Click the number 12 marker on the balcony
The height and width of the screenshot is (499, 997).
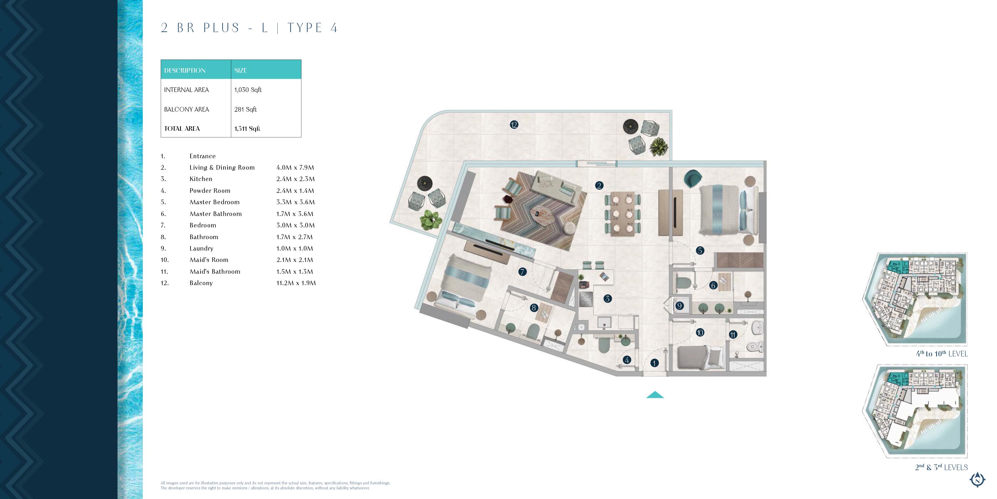pos(514,125)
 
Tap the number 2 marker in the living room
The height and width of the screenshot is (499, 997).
pos(599,186)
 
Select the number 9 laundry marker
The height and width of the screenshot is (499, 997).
pos(679,306)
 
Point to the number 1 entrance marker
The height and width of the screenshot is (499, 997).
pos(654,363)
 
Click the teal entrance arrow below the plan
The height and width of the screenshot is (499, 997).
pos(655,395)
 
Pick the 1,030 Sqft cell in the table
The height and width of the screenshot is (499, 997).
pos(248,90)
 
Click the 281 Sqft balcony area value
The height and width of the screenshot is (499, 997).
pos(245,109)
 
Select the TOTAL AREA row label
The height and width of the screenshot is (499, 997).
pos(182,129)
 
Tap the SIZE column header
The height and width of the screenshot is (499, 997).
pos(240,71)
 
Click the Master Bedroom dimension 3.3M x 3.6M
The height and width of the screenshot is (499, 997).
pos(295,202)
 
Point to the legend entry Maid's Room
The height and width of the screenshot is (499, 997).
pos(209,260)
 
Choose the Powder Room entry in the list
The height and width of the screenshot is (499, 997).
pos(210,191)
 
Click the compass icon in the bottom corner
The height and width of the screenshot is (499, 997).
pos(977,480)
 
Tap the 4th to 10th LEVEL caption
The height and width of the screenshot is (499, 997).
pos(942,353)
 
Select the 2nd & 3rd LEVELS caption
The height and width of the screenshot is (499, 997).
pos(941,467)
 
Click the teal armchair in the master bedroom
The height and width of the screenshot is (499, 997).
pos(693,178)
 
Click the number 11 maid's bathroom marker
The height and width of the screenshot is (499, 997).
pos(733,334)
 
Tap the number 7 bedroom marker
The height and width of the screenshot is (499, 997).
pos(522,272)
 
